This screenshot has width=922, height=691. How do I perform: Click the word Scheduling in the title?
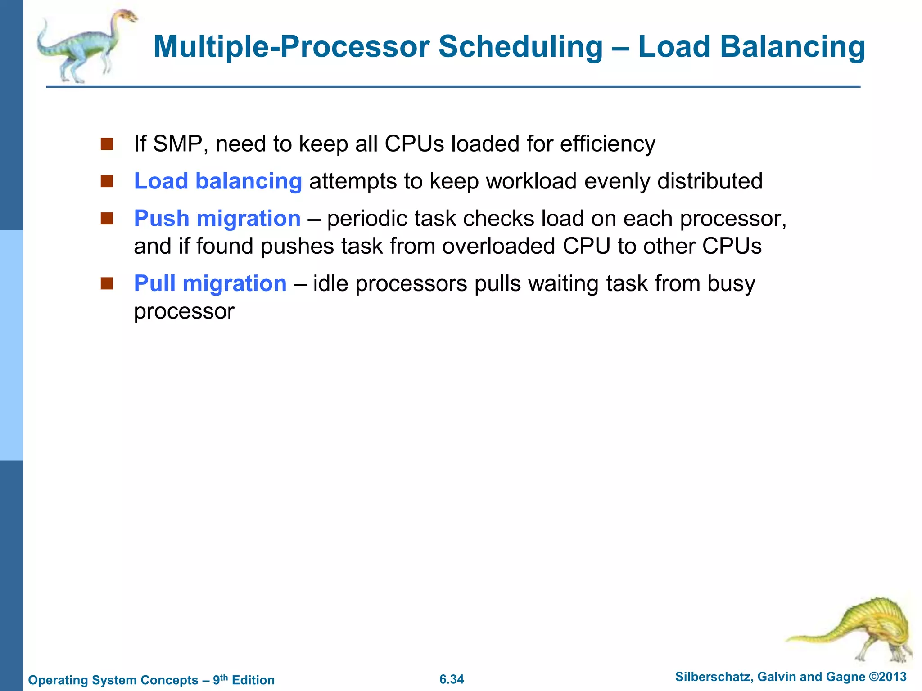pyautogui.click(x=520, y=47)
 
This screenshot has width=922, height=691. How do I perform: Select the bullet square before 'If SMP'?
pyautogui.click(x=107, y=144)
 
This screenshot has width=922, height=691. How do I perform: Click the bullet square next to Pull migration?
pyautogui.click(x=107, y=284)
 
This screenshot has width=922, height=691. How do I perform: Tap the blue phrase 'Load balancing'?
pyautogui.click(x=218, y=181)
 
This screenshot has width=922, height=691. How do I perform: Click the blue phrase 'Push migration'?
pyautogui.click(x=217, y=219)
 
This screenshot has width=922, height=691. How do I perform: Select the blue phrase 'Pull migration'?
pyautogui.click(x=210, y=284)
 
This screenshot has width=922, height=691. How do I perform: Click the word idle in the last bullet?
pyautogui.click(x=330, y=284)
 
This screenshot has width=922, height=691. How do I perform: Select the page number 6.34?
pyautogui.click(x=452, y=679)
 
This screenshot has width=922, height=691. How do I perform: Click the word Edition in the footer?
pyautogui.click(x=253, y=680)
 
